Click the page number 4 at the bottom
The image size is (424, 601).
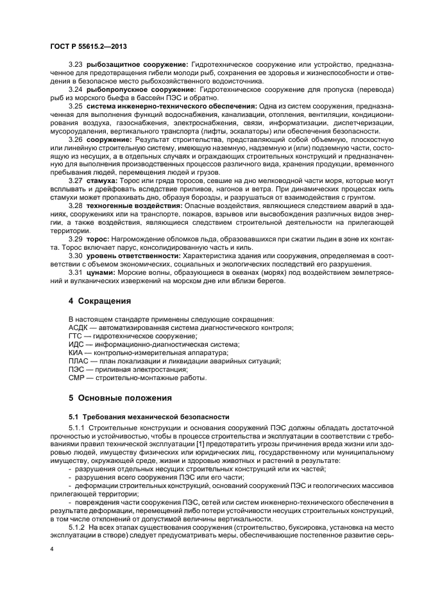(52, 550)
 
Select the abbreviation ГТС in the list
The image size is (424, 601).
(76, 336)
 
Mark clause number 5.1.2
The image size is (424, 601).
(78, 525)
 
